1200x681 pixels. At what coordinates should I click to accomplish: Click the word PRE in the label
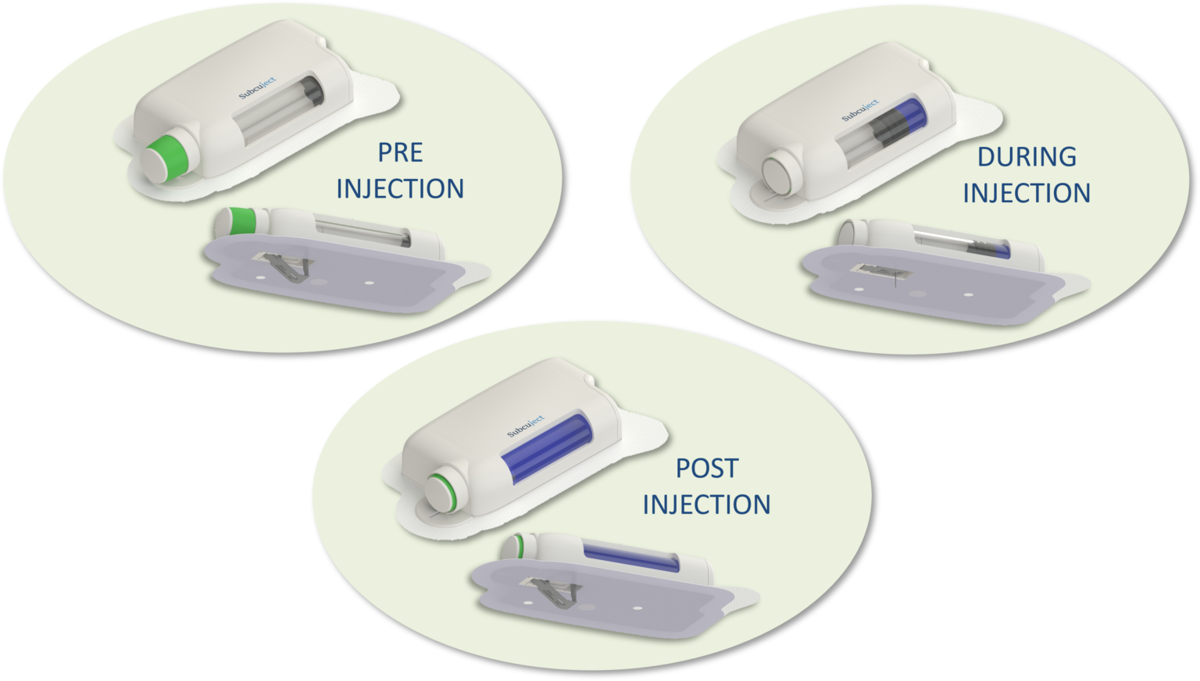400,152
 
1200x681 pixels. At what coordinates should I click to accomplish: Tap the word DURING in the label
1027,157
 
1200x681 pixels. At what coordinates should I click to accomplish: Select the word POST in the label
706,469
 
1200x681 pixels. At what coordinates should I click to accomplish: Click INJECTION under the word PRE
400,189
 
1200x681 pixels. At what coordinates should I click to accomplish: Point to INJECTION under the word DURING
1027,194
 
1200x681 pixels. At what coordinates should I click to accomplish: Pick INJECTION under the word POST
706,505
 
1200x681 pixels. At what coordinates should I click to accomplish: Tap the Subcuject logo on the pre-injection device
257,88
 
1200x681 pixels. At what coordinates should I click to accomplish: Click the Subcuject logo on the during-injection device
860,110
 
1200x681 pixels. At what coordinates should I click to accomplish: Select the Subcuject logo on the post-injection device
526,426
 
